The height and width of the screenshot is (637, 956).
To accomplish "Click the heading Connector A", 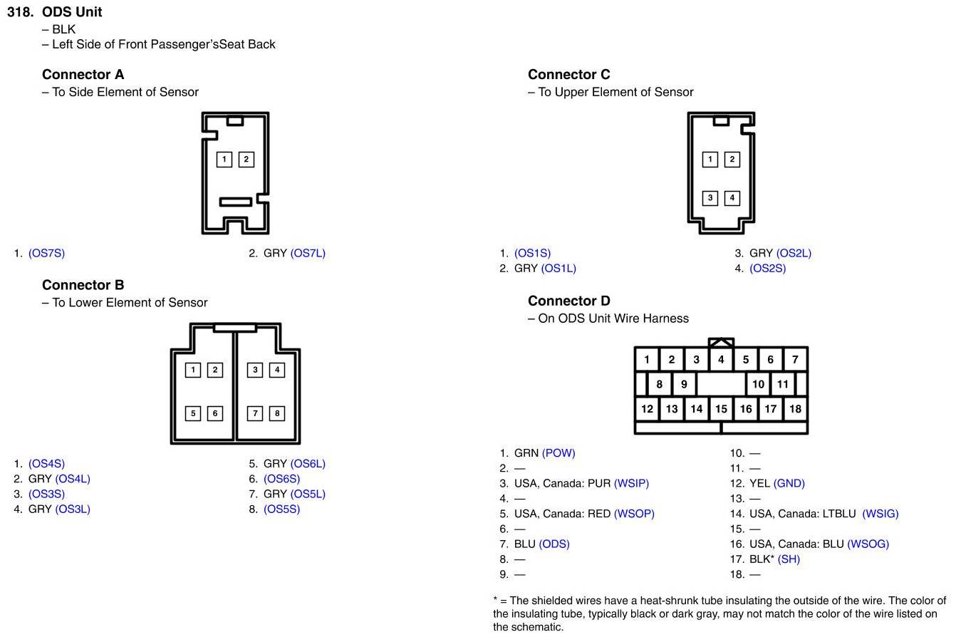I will click(83, 74).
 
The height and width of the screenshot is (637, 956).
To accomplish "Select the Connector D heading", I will click(569, 301).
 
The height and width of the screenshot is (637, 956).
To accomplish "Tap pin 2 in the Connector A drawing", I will click(246, 159).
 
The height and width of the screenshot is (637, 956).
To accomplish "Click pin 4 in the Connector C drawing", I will click(732, 197).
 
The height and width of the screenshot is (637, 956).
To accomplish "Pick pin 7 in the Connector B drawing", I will click(255, 413).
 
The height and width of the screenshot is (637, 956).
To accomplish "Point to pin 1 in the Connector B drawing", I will click(193, 369).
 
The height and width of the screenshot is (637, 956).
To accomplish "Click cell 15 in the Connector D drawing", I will click(721, 408).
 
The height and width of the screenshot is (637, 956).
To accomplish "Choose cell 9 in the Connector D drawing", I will click(684, 384).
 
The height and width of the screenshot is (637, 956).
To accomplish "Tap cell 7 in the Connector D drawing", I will click(795, 359).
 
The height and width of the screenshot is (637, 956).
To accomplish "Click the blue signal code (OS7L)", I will click(308, 253).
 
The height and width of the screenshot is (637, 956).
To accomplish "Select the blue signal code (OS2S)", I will click(767, 268).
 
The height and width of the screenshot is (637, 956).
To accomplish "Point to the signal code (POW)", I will click(558, 452).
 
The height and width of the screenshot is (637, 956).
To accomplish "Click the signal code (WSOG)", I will click(868, 544).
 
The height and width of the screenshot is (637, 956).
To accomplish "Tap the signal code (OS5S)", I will click(281, 509).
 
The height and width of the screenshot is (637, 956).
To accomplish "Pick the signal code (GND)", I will click(789, 483).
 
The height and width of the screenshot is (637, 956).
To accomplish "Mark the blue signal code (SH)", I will click(789, 559).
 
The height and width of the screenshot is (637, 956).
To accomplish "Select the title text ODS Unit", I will click(72, 11).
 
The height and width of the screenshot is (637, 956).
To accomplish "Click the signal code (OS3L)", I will click(73, 509).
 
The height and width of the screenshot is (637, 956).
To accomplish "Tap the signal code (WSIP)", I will click(631, 483).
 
